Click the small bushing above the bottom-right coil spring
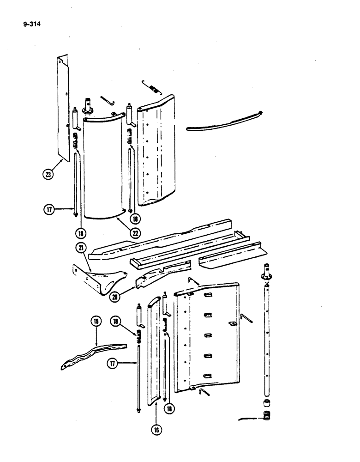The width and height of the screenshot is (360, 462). [x=266, y=403]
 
